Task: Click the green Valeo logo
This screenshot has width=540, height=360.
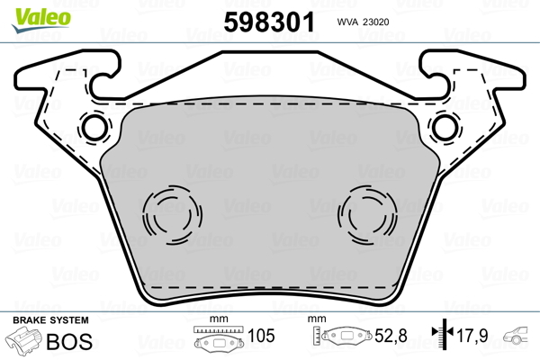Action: pyautogui.click(x=41, y=20)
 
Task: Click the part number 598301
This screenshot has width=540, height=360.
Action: pyautogui.click(x=269, y=22)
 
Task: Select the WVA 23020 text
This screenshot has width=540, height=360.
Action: pyautogui.click(x=363, y=22)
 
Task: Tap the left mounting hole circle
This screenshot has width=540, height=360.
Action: pyautogui.click(x=94, y=128)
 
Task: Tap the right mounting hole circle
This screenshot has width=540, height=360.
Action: pyautogui.click(x=445, y=128)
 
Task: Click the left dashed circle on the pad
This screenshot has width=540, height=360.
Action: pyautogui.click(x=173, y=215)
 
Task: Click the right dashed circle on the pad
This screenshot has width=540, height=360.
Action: pyautogui.click(x=367, y=215)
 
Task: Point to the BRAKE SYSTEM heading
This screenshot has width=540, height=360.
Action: pyautogui.click(x=50, y=320)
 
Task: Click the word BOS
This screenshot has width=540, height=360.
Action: pyautogui.click(x=69, y=341)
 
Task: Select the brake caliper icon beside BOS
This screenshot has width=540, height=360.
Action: pyautogui.click(x=23, y=339)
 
